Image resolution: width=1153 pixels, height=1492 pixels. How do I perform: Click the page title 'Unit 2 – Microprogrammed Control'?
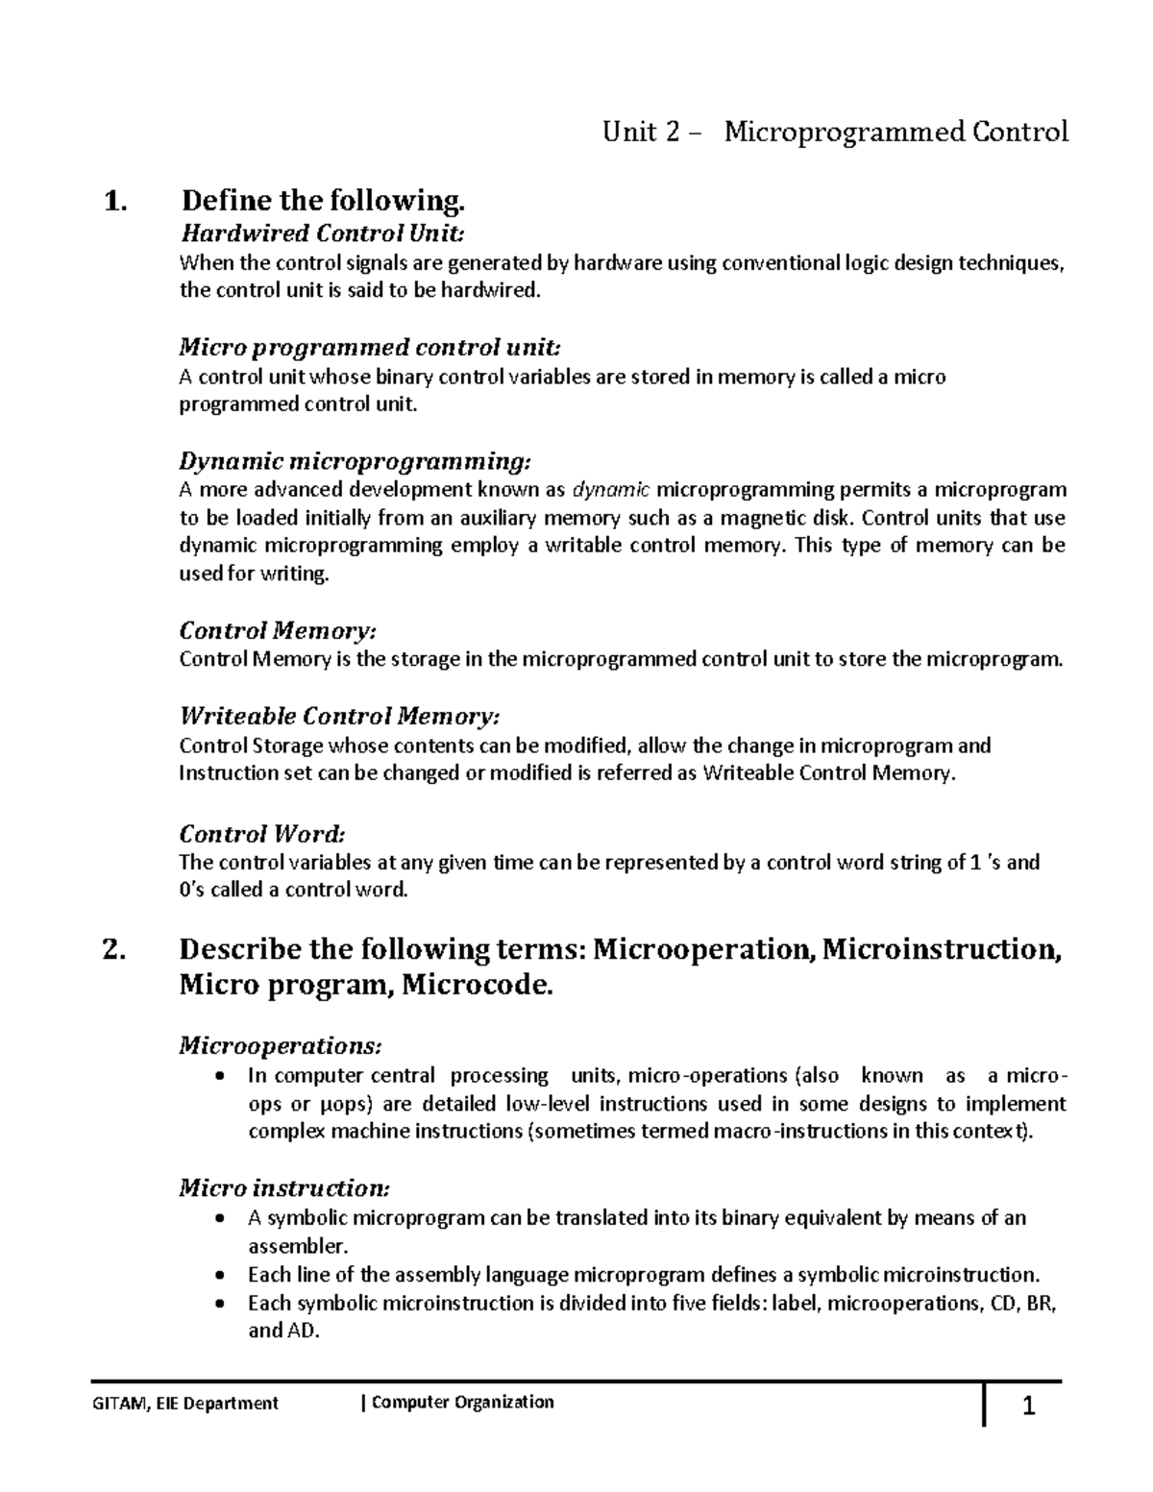(835, 132)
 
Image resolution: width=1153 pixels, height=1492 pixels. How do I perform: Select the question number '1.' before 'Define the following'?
(114, 202)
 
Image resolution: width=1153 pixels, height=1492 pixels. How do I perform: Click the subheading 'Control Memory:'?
(278, 630)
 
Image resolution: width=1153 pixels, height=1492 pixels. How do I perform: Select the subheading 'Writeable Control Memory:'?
(340, 716)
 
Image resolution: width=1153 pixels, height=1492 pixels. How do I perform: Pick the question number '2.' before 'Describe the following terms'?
(114, 950)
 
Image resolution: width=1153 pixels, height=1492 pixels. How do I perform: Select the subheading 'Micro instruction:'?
(284, 1188)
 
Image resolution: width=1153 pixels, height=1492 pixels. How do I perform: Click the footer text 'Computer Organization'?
(462, 1403)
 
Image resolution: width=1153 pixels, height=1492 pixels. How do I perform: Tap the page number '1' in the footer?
(1028, 1408)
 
